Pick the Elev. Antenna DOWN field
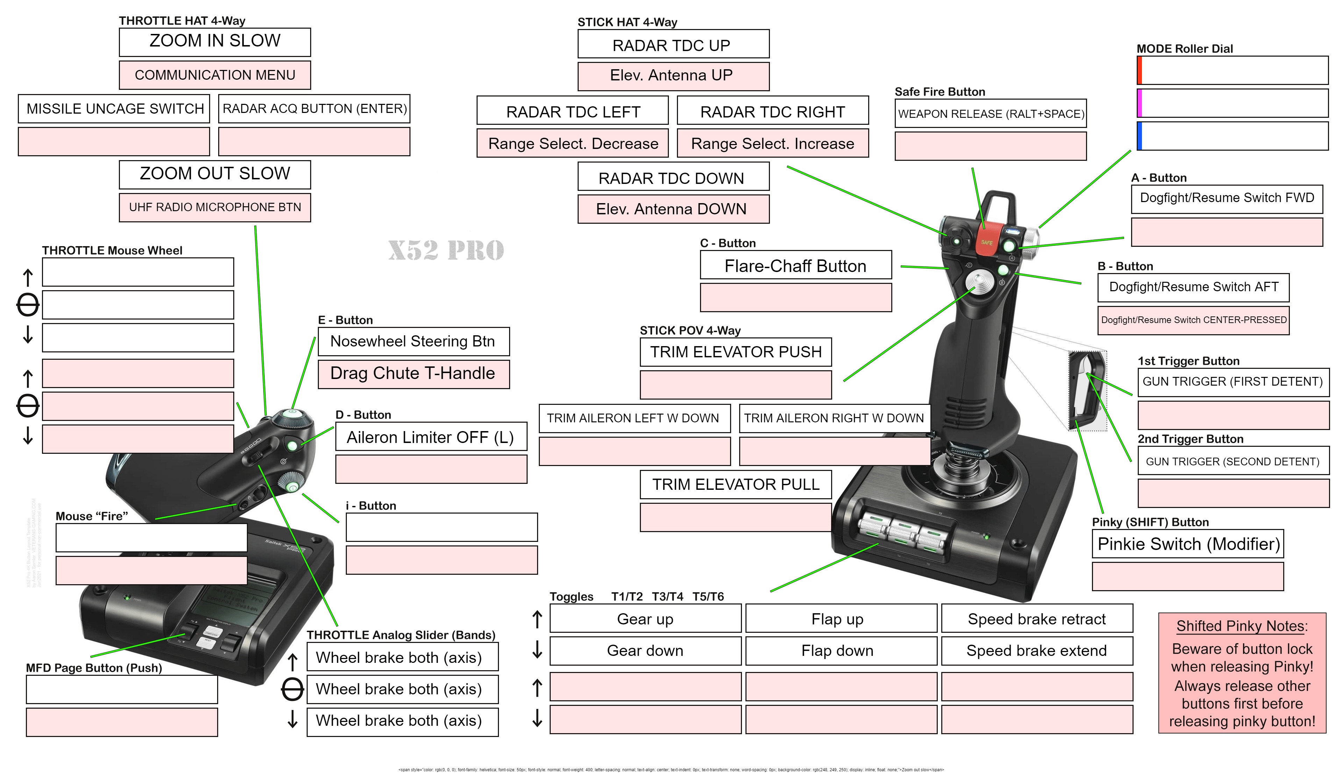click(673, 209)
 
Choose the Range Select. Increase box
click(772, 143)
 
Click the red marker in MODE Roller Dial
click(1139, 70)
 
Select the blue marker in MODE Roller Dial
click(1139, 136)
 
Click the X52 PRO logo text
click(446, 250)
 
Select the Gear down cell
click(645, 650)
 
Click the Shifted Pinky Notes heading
click(1242, 626)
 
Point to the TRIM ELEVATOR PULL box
click(735, 484)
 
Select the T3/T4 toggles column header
click(667, 596)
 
